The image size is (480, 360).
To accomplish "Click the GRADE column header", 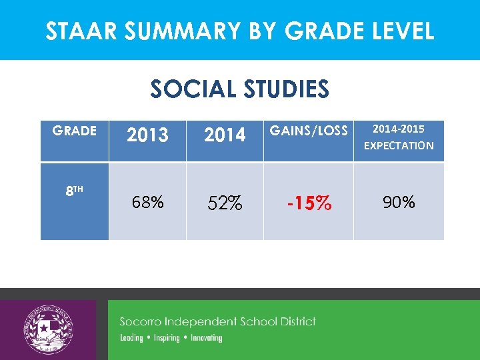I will (x=74, y=131).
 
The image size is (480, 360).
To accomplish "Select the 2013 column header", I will (x=147, y=135).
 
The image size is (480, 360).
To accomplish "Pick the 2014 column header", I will (x=225, y=135).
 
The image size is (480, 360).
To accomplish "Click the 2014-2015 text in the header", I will (x=398, y=128).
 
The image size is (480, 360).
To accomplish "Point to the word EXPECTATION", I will (x=398, y=145).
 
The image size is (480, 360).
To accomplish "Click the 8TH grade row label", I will (x=74, y=191).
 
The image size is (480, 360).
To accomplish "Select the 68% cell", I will (x=147, y=202).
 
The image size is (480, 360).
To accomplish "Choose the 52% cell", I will (x=225, y=203).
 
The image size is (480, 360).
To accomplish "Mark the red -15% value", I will (x=309, y=203).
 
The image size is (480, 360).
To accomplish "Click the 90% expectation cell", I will (x=399, y=202).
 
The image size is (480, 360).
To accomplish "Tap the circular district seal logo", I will (x=48, y=330).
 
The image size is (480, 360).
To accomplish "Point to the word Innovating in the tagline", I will (x=206, y=338).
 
